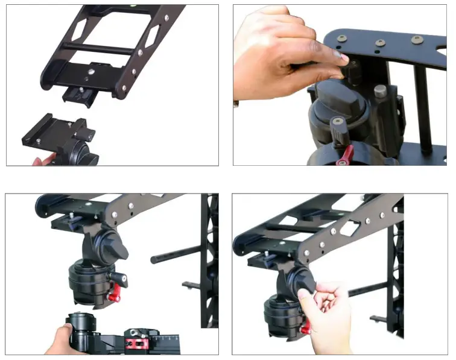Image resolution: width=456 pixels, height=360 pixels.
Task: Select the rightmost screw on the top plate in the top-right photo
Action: click(416, 40)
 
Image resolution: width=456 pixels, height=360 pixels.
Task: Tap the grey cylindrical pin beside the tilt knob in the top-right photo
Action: click(380, 93)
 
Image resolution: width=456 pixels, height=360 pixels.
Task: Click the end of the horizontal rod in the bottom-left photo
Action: click(154, 259)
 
